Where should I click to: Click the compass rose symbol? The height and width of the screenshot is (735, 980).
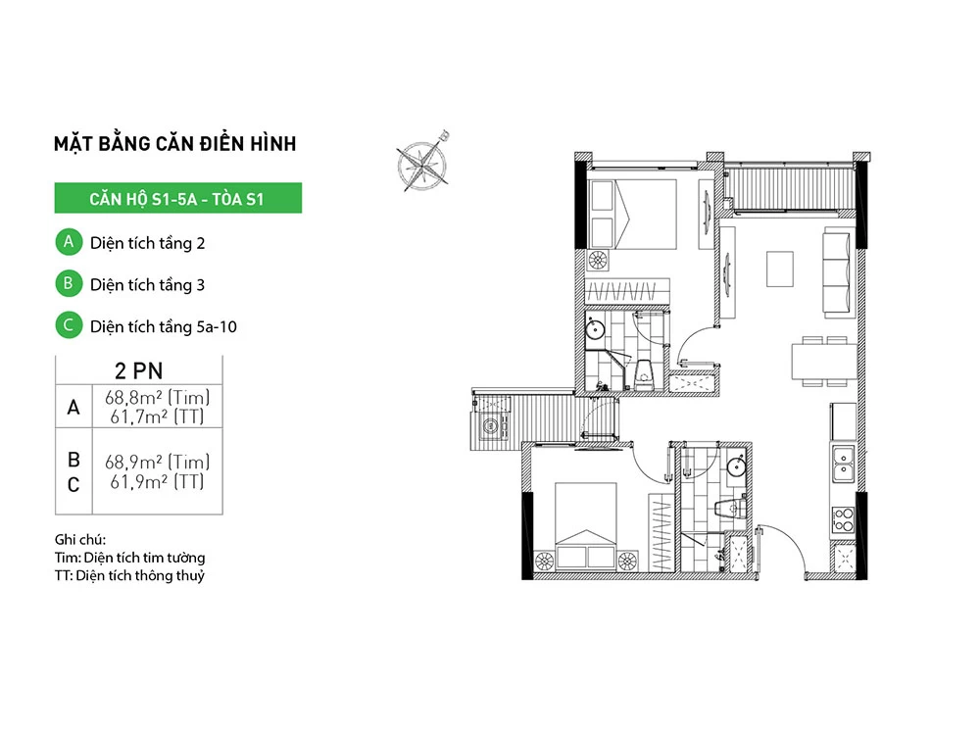pos(423,164)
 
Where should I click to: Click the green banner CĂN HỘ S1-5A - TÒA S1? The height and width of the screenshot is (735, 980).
pos(178,198)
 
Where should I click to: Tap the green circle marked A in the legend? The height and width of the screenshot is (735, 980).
pos(69,242)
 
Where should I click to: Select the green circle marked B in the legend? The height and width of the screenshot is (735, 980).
pos(69,284)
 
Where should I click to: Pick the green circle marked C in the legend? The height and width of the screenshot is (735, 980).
pos(69,325)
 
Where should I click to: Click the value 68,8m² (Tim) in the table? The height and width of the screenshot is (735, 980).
pos(157,397)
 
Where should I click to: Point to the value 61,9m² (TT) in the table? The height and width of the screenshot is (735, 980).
pos(157,482)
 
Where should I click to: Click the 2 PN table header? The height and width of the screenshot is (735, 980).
pos(139,370)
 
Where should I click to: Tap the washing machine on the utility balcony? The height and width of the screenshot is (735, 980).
pos(491,427)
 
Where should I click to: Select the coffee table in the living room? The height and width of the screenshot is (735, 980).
pos(780,269)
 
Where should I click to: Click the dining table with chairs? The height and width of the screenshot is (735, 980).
pos(824,362)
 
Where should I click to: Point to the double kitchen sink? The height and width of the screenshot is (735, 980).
pos(843,465)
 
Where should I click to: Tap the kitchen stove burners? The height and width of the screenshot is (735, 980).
pos(843,520)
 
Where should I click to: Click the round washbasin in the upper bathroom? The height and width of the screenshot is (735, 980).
pos(596,328)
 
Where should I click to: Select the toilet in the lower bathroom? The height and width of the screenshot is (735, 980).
pos(731,507)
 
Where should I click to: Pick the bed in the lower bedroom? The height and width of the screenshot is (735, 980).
pos(586,525)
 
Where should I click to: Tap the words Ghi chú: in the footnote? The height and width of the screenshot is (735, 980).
pos(80,539)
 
